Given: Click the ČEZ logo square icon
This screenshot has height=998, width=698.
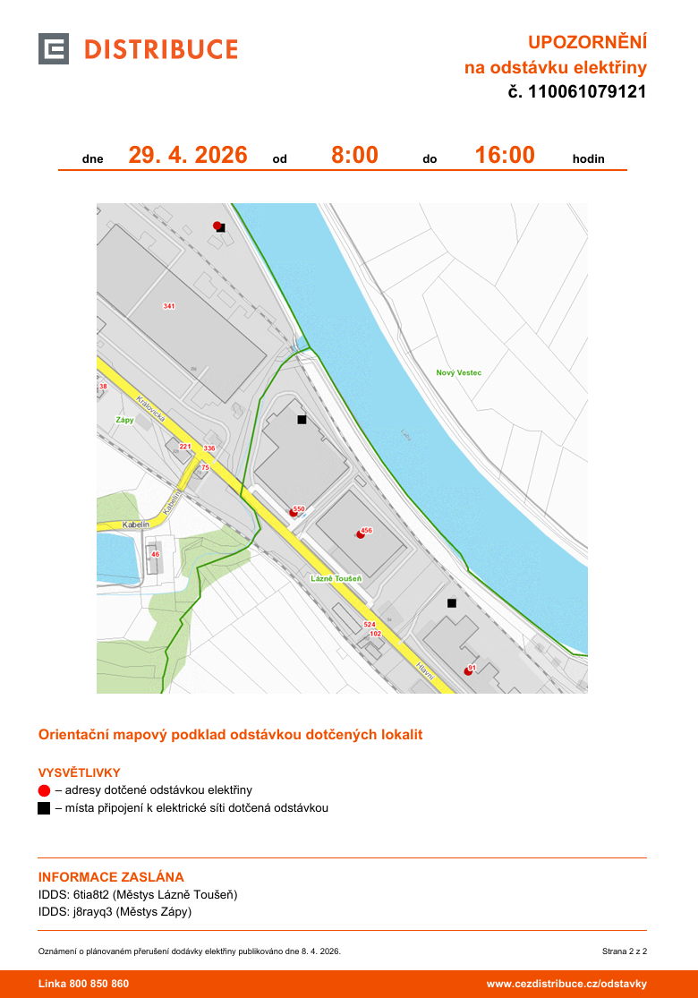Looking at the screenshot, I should pyautogui.click(x=54, y=48).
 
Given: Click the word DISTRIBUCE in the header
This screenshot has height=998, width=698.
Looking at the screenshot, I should pyautogui.click(x=161, y=49).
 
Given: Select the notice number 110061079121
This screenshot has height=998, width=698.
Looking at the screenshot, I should pyautogui.click(x=586, y=91).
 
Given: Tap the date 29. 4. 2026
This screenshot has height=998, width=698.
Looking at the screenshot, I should pyautogui.click(x=188, y=155).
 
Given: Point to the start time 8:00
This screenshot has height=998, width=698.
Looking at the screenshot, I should pyautogui.click(x=354, y=155).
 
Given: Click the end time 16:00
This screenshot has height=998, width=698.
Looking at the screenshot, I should pyautogui.click(x=505, y=155).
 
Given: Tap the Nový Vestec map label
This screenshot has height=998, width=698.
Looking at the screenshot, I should pyautogui.click(x=459, y=372).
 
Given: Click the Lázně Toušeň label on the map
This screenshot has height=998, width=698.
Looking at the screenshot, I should pyautogui.click(x=336, y=578).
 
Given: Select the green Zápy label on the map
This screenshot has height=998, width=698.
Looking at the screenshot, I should pyautogui.click(x=124, y=419).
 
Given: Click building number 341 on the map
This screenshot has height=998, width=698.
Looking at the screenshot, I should pyautogui.click(x=169, y=306).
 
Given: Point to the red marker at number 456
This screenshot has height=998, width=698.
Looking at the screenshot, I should pyautogui.click(x=361, y=534).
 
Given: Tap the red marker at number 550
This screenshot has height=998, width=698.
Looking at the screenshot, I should pyautogui.click(x=293, y=513).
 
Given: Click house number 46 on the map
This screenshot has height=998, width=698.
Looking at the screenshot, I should pyautogui.click(x=155, y=555).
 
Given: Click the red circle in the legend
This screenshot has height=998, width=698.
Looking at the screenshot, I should pyautogui.click(x=44, y=790).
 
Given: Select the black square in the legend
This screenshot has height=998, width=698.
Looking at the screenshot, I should pyautogui.click(x=44, y=808).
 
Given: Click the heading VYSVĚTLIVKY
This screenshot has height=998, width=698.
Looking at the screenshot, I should pyautogui.click(x=79, y=772).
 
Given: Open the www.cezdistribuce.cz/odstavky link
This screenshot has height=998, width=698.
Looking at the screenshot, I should pyautogui.click(x=566, y=984).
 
